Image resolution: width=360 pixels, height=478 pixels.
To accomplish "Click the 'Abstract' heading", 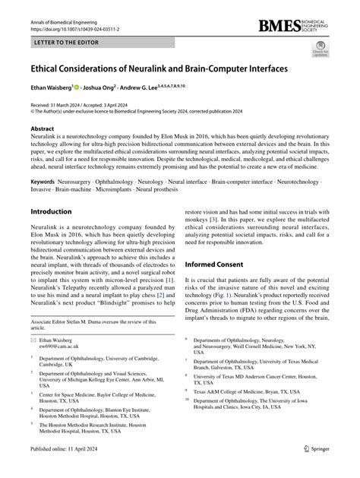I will [43, 129].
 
